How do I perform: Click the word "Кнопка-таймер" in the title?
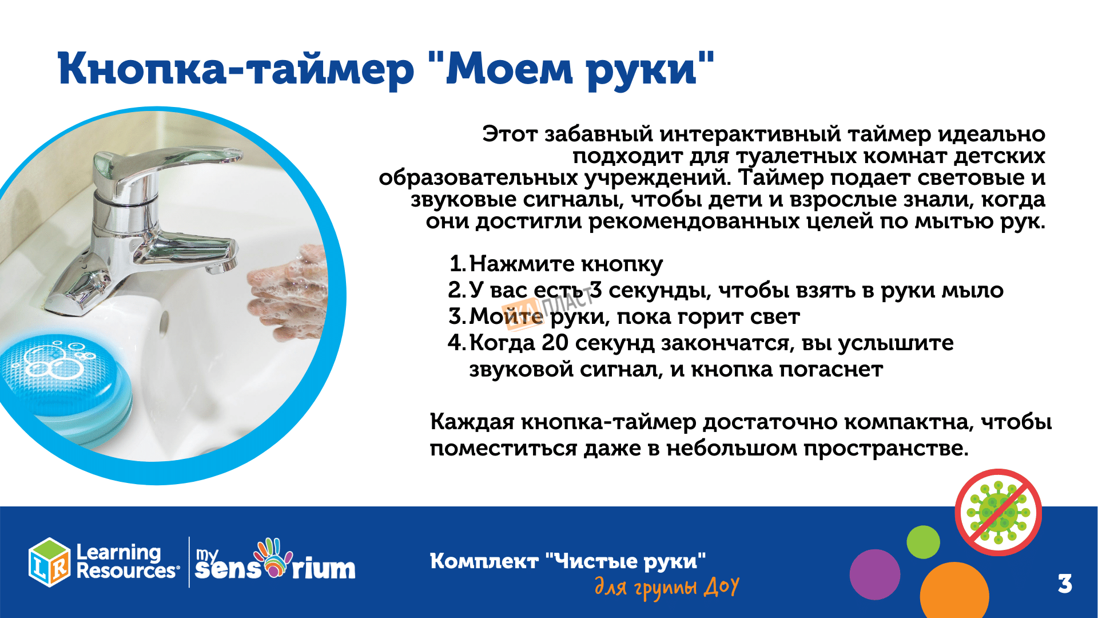[x=236, y=69]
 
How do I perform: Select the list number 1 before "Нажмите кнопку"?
[x=456, y=264]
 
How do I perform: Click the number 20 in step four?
[x=555, y=343]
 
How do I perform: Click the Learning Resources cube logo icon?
[x=49, y=562]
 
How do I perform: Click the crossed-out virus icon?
[x=998, y=512]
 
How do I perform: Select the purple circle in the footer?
[x=875, y=575]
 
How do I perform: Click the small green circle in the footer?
[x=923, y=542]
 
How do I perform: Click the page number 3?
[x=1065, y=584]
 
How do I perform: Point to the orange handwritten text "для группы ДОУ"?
[x=667, y=587]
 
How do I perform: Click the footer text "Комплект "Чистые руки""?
[x=568, y=561]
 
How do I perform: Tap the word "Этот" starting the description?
[x=510, y=134]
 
